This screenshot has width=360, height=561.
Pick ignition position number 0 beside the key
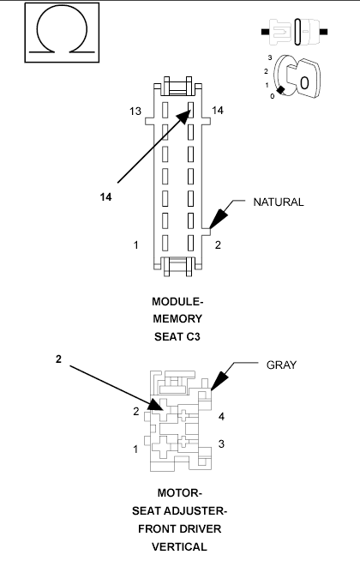click(x=272, y=96)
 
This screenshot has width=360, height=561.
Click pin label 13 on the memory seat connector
click(x=135, y=112)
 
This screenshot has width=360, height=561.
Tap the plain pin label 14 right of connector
click(x=218, y=112)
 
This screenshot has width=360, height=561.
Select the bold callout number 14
click(x=105, y=196)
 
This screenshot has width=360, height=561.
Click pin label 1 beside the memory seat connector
click(x=136, y=245)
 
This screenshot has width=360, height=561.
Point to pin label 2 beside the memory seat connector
click(x=218, y=245)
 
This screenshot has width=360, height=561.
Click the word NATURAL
click(x=279, y=202)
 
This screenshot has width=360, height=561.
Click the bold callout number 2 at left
click(x=58, y=359)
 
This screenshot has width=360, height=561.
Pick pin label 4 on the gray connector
click(x=221, y=417)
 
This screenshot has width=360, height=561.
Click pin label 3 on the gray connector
click(x=221, y=443)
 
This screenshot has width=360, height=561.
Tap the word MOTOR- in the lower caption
click(x=180, y=493)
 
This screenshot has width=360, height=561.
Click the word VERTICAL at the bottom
click(x=180, y=546)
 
